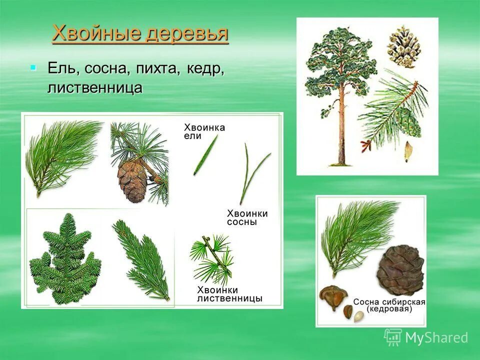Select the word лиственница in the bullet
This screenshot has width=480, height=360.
click(x=95, y=87)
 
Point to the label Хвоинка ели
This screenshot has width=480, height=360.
click(x=204, y=131)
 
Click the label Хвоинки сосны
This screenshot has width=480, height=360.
click(x=247, y=217)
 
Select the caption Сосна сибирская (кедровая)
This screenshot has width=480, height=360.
click(x=389, y=305)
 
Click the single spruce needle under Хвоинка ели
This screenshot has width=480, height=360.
click(x=205, y=155)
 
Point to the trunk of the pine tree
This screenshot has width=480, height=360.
click(x=342, y=130)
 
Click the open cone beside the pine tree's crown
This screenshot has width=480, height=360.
click(x=404, y=46)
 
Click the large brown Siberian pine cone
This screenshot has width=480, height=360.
click(x=400, y=270)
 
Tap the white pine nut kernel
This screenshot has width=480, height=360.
click(x=358, y=316)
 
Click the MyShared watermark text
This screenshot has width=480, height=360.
click(x=436, y=338)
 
